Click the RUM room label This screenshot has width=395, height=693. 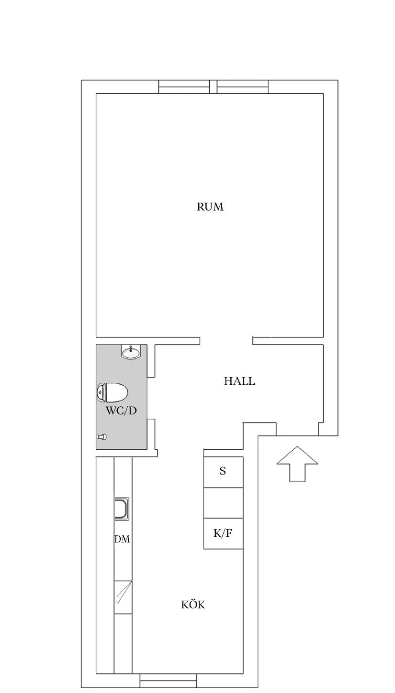[x=210, y=206]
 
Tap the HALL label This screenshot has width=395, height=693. [x=239, y=381]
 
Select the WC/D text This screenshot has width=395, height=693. [x=121, y=411]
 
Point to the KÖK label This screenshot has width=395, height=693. [x=193, y=605]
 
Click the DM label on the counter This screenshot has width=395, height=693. [x=122, y=539]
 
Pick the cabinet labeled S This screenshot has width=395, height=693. [x=223, y=472]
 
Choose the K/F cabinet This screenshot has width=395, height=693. [x=223, y=533]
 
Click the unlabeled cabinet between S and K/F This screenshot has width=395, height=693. [x=223, y=503]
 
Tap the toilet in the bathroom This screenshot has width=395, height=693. [x=113, y=392]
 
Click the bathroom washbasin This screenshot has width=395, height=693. [x=131, y=352]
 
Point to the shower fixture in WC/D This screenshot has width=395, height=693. [x=102, y=437]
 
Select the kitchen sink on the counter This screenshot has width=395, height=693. [x=121, y=509]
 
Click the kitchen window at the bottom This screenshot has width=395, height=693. [x=168, y=680]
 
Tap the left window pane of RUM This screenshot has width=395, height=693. [x=184, y=87]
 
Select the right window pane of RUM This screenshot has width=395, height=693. [x=242, y=87]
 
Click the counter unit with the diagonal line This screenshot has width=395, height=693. [x=123, y=596]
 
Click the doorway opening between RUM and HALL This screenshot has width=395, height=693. [x=226, y=341]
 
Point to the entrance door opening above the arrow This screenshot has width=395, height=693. [x=297, y=435]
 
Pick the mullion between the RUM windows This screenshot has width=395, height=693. [x=213, y=87]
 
